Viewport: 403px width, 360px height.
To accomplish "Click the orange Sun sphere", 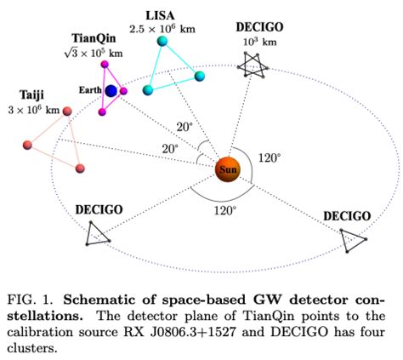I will coord(227,169).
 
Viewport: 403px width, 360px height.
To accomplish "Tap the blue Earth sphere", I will coord(111,91).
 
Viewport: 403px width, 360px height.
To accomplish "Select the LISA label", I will coord(162,14).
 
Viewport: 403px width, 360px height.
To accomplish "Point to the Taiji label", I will coord(33,95).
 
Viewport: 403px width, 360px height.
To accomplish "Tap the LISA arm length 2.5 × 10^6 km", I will coord(162,29).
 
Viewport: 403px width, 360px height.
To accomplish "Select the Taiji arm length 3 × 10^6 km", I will coord(34,111).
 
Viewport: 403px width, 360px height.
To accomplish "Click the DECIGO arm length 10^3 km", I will coord(259,42).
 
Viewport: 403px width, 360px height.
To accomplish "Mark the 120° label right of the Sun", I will coord(269,158).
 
